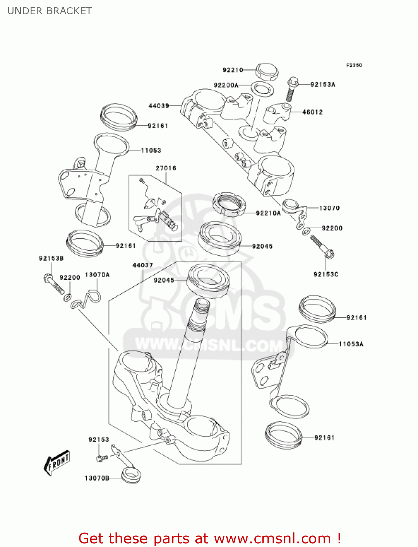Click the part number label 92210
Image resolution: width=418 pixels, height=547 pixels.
pyautogui.click(x=233, y=70)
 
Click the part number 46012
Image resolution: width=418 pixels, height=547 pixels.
pyautogui.click(x=312, y=112)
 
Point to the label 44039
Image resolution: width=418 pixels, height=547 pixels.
pyautogui.click(x=159, y=106)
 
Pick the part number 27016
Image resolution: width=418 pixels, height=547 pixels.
pyautogui.click(x=166, y=168)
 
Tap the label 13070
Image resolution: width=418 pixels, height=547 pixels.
pyautogui.click(x=329, y=208)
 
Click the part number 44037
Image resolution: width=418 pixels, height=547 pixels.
pyautogui.click(x=142, y=265)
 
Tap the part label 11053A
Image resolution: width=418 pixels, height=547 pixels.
pyautogui.click(x=351, y=344)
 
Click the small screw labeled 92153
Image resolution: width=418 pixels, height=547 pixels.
pyautogui.click(x=101, y=458)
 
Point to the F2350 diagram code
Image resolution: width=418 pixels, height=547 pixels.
pyautogui.click(x=354, y=65)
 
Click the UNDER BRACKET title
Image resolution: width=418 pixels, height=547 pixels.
pyautogui.click(x=50, y=11)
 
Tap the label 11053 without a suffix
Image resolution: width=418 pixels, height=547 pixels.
pyautogui.click(x=151, y=150)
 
